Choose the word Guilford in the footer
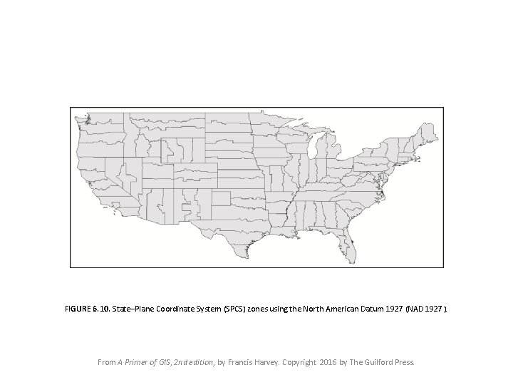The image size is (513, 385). point(380,362)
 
